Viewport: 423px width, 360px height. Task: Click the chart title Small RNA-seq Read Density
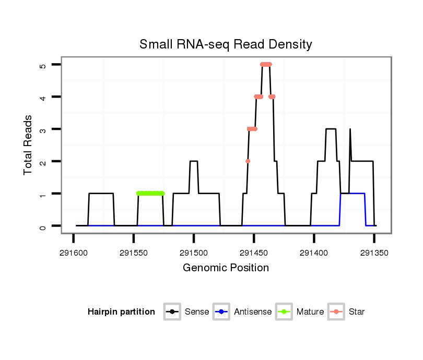226,44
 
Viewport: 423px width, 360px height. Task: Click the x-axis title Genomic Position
226,268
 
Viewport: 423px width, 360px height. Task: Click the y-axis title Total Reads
28,145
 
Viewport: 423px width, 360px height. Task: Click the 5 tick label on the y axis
42,65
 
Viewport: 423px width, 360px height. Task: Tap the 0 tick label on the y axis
42,226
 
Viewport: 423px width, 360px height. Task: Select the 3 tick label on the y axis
42,129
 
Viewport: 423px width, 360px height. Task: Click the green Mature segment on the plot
150,194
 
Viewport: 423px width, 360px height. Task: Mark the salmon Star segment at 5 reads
266,65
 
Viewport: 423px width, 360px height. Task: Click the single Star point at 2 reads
248,161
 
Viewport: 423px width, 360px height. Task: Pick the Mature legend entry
300,312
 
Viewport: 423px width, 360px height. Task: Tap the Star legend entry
346,312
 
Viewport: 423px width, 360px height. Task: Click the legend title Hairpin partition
121,312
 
